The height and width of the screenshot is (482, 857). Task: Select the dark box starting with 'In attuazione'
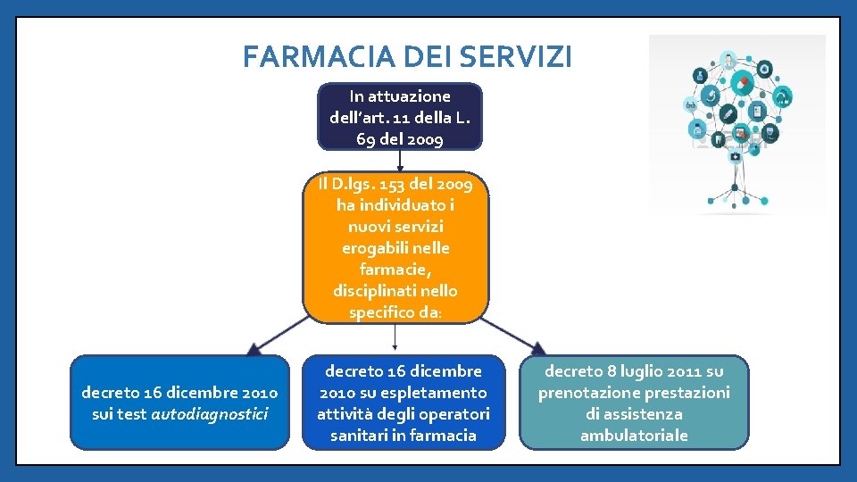pyautogui.click(x=400, y=117)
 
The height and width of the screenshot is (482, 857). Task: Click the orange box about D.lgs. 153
pyautogui.click(x=396, y=248)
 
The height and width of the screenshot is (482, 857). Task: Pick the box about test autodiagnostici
pyautogui.click(x=179, y=403)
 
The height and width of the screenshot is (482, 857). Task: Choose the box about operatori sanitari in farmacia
pyautogui.click(x=403, y=403)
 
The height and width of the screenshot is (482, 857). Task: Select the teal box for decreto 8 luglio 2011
pyautogui.click(x=634, y=403)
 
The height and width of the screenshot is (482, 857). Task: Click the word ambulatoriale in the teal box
pyautogui.click(x=634, y=436)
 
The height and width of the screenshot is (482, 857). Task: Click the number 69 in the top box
pyautogui.click(x=365, y=139)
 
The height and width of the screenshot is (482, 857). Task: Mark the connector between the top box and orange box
pyautogui.click(x=400, y=160)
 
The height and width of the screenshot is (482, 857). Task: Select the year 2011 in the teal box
pyautogui.click(x=682, y=371)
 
